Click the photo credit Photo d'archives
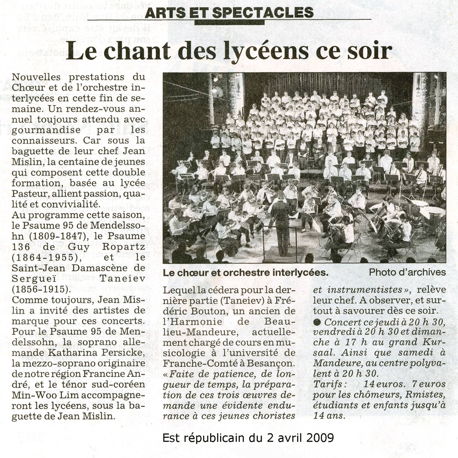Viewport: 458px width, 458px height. [407, 272]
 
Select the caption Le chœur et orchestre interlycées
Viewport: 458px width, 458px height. [245, 273]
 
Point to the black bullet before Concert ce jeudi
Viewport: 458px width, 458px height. [316, 322]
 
